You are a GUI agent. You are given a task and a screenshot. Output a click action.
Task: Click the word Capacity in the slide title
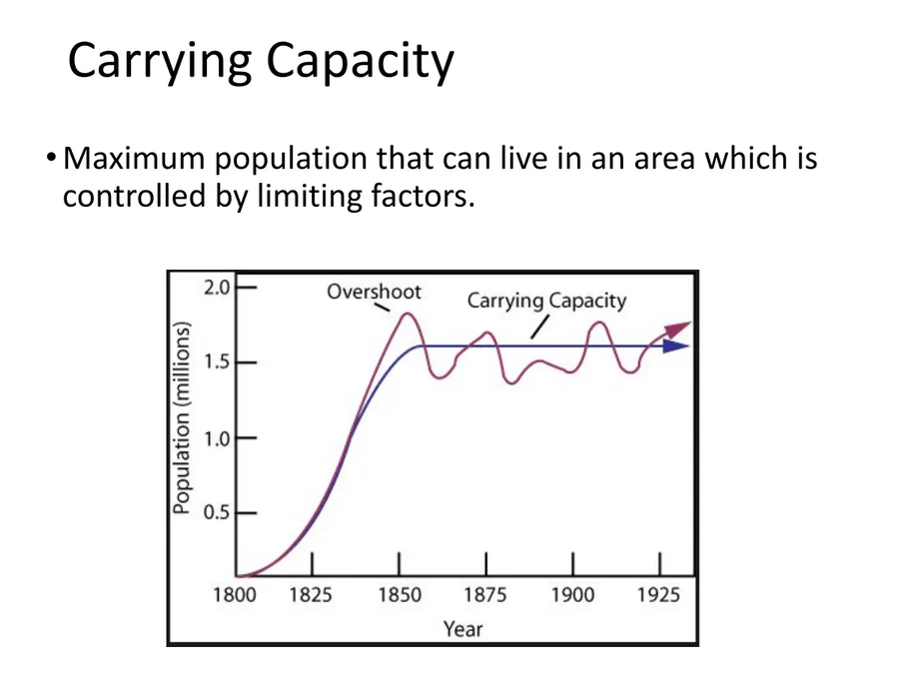[x=360, y=62]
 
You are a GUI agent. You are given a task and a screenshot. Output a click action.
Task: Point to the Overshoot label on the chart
[x=375, y=293]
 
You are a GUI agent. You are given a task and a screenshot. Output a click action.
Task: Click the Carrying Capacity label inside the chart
[x=546, y=301]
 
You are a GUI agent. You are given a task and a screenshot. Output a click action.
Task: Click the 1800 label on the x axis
[x=235, y=595]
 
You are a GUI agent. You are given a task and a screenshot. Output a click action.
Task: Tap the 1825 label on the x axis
[x=312, y=595]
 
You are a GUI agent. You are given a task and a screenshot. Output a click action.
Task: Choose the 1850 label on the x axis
[x=400, y=595]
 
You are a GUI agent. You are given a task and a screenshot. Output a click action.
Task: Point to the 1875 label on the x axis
[x=485, y=595]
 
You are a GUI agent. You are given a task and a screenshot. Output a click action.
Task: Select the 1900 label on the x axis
[x=571, y=595]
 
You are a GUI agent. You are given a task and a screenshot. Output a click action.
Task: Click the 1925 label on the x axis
[x=657, y=595]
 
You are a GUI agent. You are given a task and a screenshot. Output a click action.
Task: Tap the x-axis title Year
[x=462, y=629]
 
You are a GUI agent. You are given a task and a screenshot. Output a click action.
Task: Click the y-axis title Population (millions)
[x=182, y=417]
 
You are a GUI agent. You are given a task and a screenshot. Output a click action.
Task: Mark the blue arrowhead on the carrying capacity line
[x=678, y=346]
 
